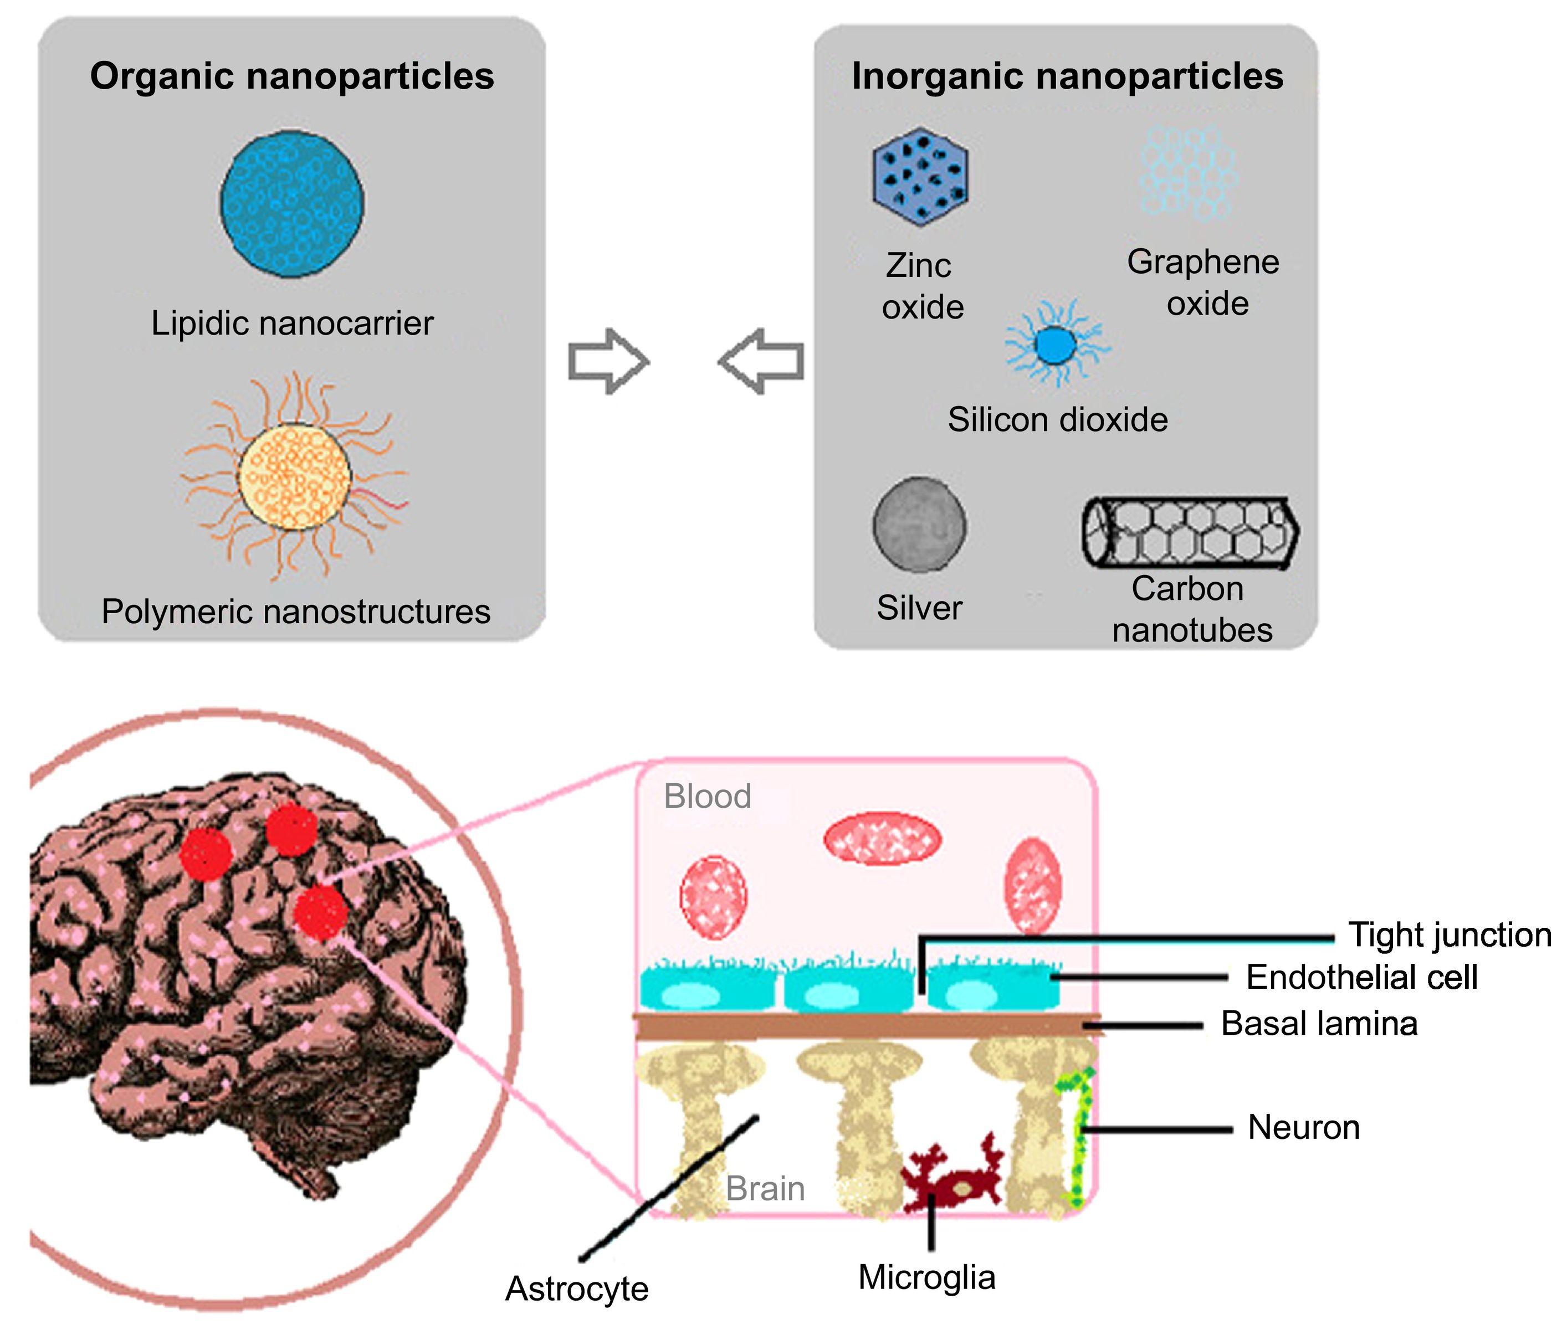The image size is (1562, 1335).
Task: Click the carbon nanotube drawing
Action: click(1190, 532)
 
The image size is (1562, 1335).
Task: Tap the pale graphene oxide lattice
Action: click(1187, 173)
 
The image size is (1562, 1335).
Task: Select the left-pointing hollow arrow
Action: click(762, 361)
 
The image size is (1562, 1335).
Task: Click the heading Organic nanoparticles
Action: click(292, 76)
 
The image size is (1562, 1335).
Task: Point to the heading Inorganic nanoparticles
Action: click(1067, 76)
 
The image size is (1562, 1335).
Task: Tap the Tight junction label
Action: click(1449, 934)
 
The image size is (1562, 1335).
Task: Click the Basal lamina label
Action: click(1319, 1024)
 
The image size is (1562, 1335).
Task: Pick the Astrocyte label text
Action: click(577, 1288)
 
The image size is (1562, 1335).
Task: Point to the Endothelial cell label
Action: click(1361, 977)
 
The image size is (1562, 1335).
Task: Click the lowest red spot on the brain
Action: click(320, 913)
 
